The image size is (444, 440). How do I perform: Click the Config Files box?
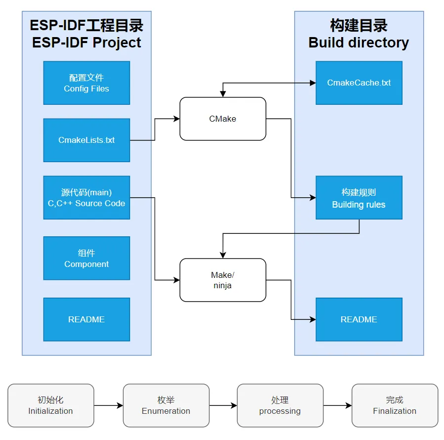(x=87, y=83)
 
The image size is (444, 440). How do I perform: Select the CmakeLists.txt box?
(x=87, y=140)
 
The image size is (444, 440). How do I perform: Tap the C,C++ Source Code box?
(x=87, y=198)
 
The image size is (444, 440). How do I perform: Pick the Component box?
(x=87, y=258)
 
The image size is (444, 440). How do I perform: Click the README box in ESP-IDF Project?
(x=87, y=319)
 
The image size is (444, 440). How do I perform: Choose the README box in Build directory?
(x=359, y=319)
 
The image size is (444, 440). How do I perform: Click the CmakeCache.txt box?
(x=359, y=83)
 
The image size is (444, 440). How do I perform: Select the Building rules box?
(x=359, y=198)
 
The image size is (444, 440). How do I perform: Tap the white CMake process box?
(x=222, y=119)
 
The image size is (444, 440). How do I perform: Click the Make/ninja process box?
(x=222, y=280)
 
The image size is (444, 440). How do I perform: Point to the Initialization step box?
(x=50, y=405)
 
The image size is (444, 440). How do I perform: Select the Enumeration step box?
(x=166, y=405)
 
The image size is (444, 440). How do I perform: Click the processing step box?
(x=280, y=405)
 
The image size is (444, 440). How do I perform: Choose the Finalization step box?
(x=395, y=405)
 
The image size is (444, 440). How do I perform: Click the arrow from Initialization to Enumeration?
(x=108, y=406)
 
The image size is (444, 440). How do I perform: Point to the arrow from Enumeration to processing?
(x=223, y=406)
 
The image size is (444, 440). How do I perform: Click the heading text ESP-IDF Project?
(x=87, y=43)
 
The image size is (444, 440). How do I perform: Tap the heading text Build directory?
(x=358, y=43)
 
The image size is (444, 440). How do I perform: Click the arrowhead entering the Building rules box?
(x=312, y=198)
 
